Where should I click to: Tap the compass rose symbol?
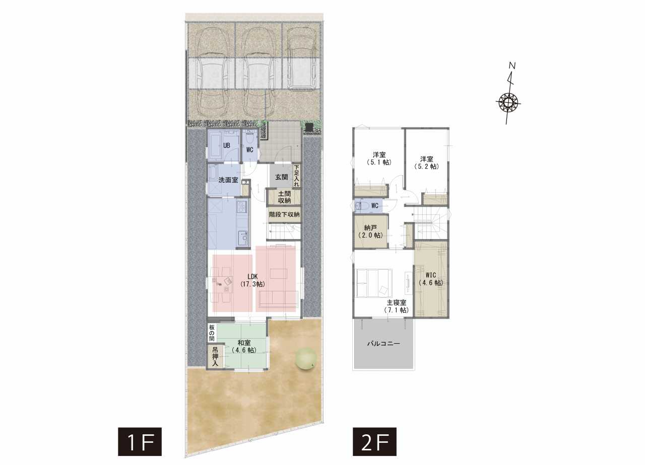coord(508,102)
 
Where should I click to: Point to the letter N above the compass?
coord(512,65)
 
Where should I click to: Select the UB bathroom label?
coord(227,145)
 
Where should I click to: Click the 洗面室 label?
coord(228,180)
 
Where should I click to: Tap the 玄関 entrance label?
coord(281,177)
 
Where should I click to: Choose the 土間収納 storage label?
coord(284,197)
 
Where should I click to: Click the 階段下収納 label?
coord(284,214)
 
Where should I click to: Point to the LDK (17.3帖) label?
coord(252,280)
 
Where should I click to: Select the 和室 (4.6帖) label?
coord(244,347)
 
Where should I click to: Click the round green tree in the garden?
coord(306,358)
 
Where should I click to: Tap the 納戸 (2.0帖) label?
coord(370,231)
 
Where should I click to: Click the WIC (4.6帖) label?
coord(431,279)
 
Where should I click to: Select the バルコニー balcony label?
coord(383,343)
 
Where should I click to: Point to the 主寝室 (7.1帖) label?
coord(397,306)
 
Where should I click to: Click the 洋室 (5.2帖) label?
coord(426,163)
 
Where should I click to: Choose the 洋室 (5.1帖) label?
coord(379,159)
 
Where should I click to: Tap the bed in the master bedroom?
coord(374,283)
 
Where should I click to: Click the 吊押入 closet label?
coord(215,357)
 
